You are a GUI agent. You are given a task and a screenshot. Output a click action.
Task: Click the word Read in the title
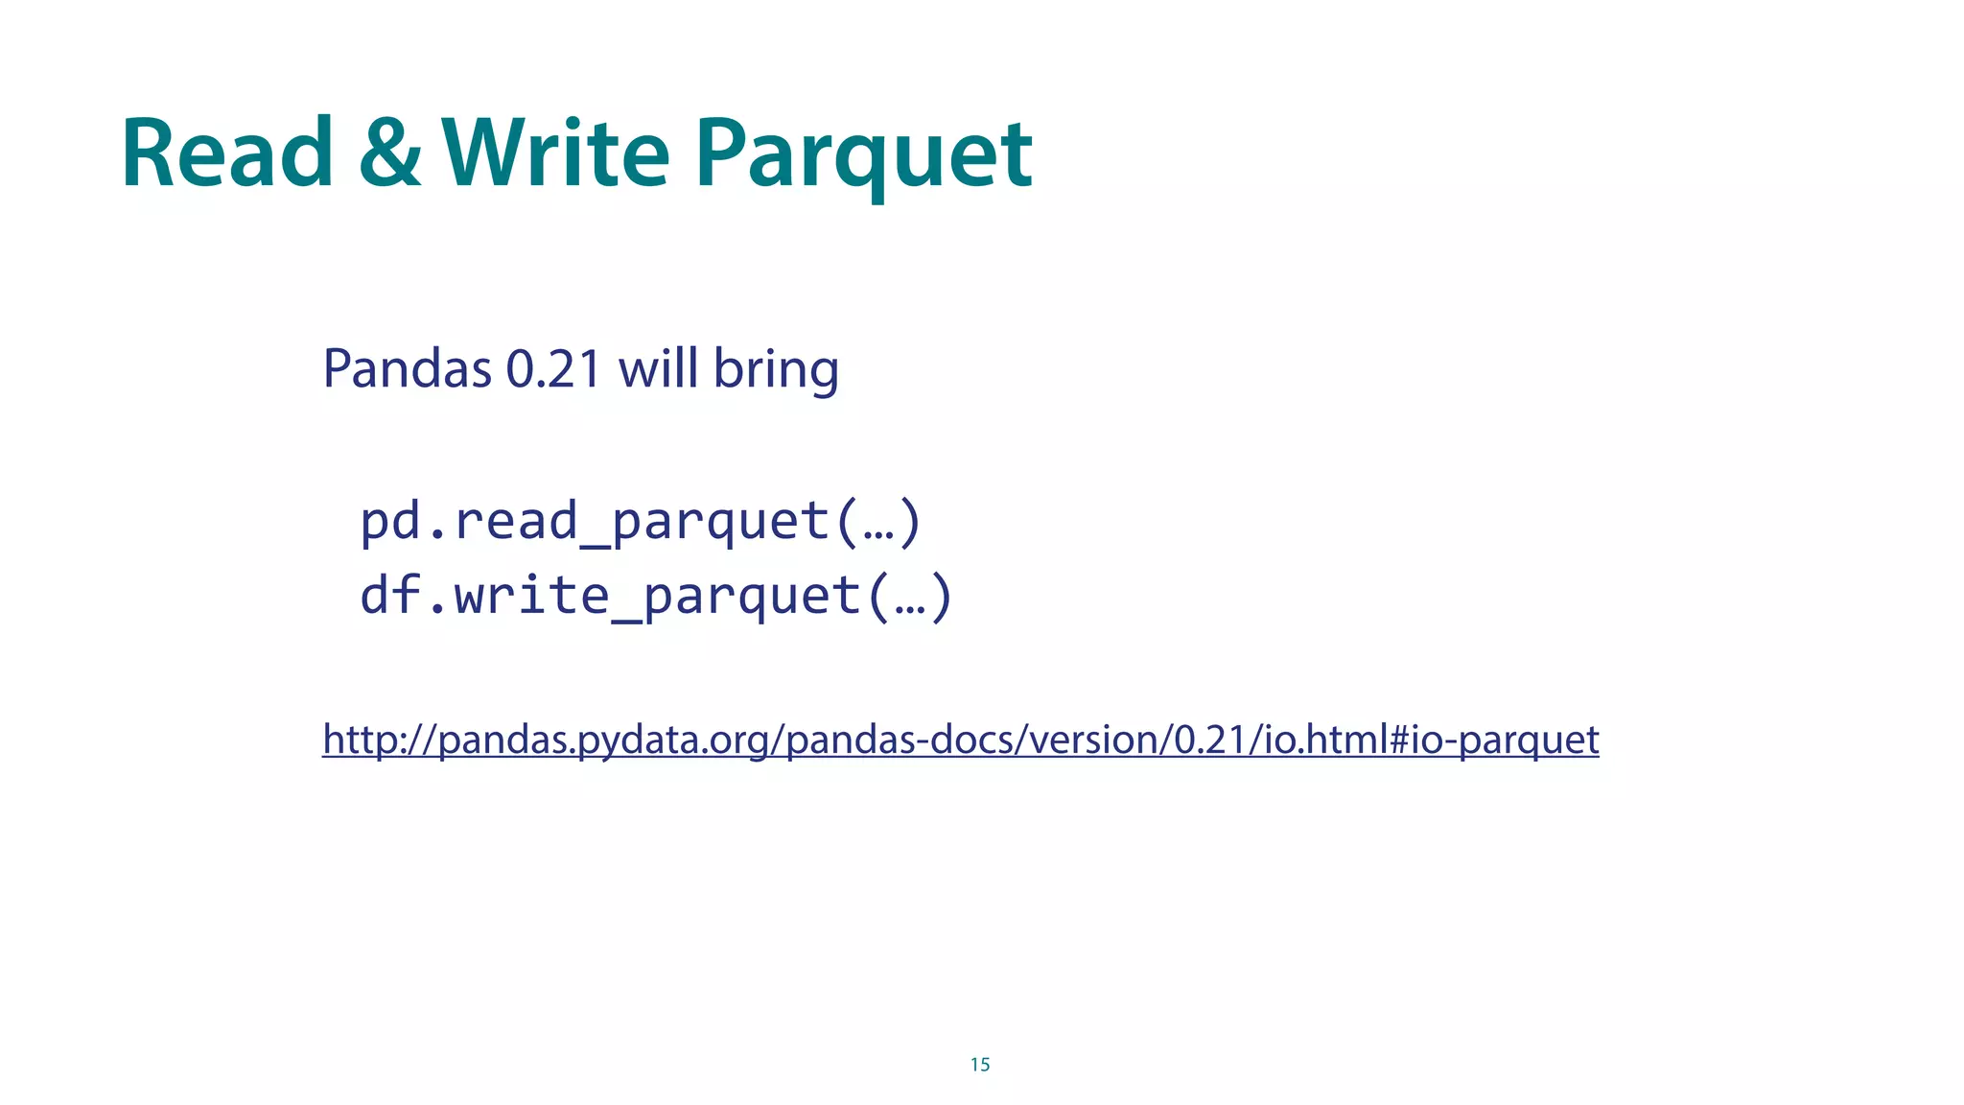click(x=227, y=154)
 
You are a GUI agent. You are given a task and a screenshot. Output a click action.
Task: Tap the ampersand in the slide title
click(x=389, y=154)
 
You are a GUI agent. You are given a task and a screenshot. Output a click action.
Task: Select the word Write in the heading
click(x=555, y=154)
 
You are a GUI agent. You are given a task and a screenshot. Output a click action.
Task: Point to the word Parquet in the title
click(x=863, y=158)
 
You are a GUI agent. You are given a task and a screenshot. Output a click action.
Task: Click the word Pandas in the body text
click(x=407, y=368)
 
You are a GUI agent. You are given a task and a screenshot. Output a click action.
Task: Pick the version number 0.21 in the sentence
click(x=553, y=368)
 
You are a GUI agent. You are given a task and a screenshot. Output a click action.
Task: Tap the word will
click(x=658, y=368)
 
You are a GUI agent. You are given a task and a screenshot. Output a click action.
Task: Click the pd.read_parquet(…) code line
click(x=641, y=522)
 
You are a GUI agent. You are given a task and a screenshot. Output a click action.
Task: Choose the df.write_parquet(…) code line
click(x=656, y=596)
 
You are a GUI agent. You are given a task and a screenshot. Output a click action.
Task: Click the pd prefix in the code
click(x=389, y=522)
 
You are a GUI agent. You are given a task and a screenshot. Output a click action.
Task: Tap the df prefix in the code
click(x=389, y=596)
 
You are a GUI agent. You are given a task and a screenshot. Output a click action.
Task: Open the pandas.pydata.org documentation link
click(x=960, y=740)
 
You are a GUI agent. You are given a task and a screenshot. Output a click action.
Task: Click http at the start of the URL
click(x=354, y=740)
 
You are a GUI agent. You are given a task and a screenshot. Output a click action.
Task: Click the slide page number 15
click(x=980, y=1065)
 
